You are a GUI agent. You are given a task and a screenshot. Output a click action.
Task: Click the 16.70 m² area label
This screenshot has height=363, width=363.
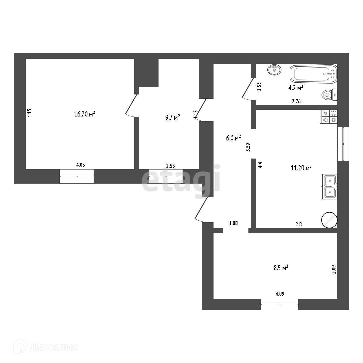(x=85, y=114)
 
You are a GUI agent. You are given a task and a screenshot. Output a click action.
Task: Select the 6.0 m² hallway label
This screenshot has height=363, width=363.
(x=234, y=138)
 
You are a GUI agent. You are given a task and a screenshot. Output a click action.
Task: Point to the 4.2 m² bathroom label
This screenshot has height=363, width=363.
(x=296, y=88)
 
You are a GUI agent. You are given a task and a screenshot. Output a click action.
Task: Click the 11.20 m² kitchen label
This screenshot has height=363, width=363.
(x=301, y=168)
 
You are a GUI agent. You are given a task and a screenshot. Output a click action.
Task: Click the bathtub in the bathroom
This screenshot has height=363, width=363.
(x=313, y=74)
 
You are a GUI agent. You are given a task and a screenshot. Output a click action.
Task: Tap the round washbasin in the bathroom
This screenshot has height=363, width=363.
(x=274, y=70)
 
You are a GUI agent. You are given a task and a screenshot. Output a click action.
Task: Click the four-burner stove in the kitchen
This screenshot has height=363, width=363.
(x=329, y=116)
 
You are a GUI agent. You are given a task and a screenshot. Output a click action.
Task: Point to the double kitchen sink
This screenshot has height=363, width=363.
(x=329, y=186)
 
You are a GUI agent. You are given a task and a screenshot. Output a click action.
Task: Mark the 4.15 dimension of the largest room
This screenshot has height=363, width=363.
(x=30, y=113)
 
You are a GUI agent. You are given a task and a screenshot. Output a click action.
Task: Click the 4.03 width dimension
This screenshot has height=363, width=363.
(x=80, y=165)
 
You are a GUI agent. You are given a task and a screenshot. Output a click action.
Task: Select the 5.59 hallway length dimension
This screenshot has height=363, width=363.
(x=248, y=147)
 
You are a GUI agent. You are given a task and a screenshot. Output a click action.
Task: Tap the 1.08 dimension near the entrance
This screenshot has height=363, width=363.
(x=234, y=223)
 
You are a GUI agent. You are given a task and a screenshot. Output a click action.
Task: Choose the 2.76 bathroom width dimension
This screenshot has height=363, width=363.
(x=296, y=102)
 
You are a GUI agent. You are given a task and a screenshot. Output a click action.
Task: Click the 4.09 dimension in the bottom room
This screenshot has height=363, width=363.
(x=280, y=294)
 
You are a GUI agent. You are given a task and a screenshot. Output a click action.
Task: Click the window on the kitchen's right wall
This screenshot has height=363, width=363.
(x=343, y=144)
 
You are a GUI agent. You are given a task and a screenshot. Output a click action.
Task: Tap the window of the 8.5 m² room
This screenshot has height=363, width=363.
(x=280, y=304)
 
